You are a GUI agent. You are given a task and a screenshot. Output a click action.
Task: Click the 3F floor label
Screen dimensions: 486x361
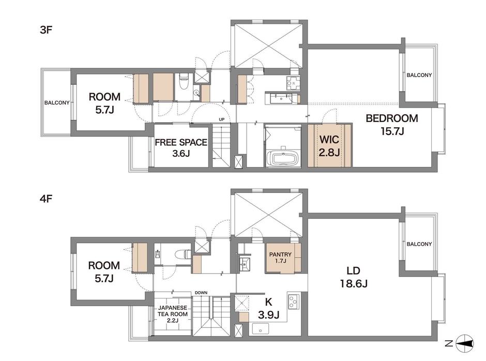[46, 30]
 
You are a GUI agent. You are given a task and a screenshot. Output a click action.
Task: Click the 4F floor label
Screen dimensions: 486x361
[46, 199]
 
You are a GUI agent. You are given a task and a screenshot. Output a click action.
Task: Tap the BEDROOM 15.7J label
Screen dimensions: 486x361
[392, 125]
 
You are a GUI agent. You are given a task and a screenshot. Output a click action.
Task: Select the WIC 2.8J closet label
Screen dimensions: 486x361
[329, 145]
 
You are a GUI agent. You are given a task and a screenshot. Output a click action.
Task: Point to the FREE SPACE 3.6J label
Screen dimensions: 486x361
[181, 147]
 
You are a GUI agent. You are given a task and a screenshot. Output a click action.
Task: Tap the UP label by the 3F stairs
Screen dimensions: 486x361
[222, 119]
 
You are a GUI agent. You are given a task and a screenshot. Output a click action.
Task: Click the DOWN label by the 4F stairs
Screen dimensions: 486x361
[201, 293]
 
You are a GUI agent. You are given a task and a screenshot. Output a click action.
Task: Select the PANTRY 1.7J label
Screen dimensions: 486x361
[280, 257]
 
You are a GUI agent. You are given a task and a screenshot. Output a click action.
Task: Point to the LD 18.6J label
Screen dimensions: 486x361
[354, 277]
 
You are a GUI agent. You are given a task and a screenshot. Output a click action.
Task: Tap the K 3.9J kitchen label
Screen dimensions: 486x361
[269, 308]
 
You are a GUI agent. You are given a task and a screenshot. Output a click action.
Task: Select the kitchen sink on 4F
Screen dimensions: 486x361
[261, 329]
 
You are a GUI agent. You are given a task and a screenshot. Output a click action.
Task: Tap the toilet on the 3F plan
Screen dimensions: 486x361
[184, 81]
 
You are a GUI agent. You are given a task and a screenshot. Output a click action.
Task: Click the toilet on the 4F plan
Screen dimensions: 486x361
[184, 254]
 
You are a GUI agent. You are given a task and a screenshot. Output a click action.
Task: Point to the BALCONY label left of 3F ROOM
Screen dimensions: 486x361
[57, 102]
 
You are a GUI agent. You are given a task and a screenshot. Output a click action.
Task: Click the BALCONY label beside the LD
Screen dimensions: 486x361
[419, 244]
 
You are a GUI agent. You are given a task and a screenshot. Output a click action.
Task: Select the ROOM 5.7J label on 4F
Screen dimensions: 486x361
[104, 272]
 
